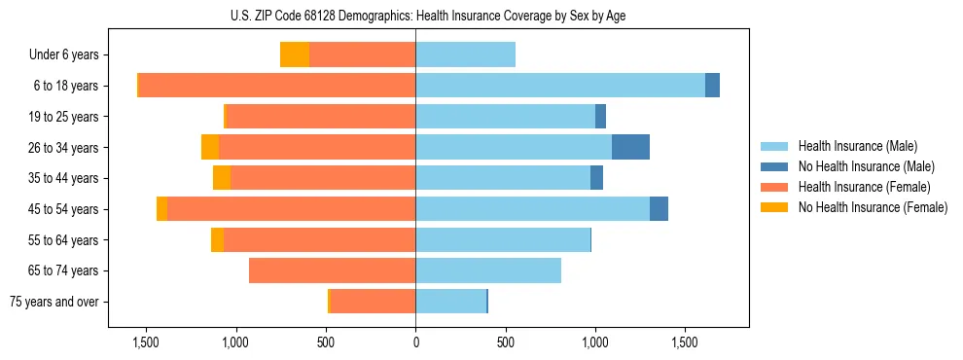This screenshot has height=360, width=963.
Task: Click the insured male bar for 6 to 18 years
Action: click(559, 86)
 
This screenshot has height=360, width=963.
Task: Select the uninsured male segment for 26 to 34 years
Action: click(630, 147)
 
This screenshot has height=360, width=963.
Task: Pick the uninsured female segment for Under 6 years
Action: click(295, 54)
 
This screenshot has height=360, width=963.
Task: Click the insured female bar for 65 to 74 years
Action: click(332, 270)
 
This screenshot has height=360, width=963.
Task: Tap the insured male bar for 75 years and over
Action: click(450, 302)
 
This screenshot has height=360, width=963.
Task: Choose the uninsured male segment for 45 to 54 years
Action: click(659, 209)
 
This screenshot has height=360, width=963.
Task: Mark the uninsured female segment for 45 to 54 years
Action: click(161, 209)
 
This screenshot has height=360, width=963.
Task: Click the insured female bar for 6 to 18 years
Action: click(277, 86)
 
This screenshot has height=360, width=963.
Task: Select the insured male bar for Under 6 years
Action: click(465, 54)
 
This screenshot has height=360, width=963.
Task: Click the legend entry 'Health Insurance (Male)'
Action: click(857, 146)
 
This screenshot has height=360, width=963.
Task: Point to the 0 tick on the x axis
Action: click(415, 342)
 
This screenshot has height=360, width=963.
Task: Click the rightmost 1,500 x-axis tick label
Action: click(685, 342)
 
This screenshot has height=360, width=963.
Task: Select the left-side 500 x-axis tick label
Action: click(325, 342)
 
